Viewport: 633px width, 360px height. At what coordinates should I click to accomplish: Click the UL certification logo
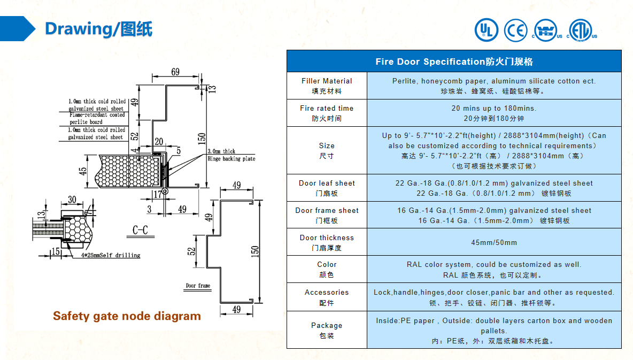[x=486, y=30]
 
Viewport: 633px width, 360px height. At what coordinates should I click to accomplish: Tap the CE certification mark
[x=515, y=30]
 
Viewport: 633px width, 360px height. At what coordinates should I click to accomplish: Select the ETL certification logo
[x=581, y=30]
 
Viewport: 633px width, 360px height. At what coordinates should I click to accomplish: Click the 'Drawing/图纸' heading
[x=98, y=29]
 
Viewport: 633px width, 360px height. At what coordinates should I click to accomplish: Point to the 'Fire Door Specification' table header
[x=454, y=62]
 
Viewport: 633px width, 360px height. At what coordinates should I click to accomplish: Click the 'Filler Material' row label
[x=327, y=86]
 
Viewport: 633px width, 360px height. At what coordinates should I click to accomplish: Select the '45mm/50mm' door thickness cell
[x=493, y=242]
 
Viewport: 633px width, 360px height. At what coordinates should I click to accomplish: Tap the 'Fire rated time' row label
[x=327, y=113]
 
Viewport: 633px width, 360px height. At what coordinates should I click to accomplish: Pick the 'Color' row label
[x=327, y=269]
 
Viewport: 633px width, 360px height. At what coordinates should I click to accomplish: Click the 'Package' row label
[x=327, y=330]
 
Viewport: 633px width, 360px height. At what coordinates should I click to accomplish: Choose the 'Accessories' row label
[x=327, y=297]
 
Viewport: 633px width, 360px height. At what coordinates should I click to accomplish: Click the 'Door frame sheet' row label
[x=327, y=216]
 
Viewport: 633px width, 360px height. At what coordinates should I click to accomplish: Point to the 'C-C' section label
[x=140, y=230]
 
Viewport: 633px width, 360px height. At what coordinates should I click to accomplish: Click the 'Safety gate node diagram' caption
[x=127, y=316]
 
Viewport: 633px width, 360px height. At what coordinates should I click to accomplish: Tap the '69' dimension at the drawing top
[x=175, y=72]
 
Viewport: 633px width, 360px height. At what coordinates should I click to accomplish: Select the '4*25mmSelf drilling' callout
[x=111, y=255]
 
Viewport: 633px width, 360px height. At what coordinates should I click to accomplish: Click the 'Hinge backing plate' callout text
[x=231, y=159]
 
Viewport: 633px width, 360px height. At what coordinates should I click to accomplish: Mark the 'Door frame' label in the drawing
[x=198, y=285]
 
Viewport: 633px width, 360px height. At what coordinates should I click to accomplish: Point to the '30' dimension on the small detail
[x=72, y=199]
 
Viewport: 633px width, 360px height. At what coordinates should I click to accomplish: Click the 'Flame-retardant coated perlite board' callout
[x=97, y=118]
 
